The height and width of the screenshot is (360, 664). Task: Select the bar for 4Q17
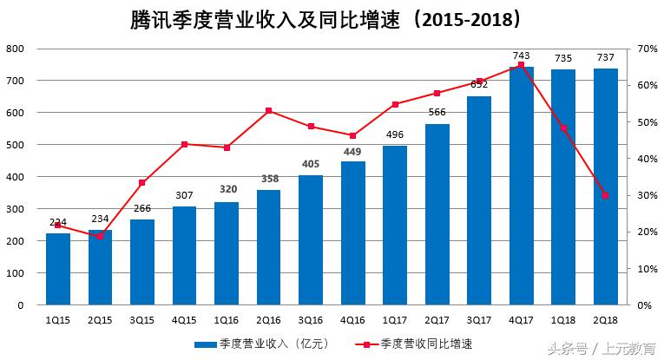click(x=521, y=186)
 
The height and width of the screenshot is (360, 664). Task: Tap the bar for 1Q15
click(x=58, y=269)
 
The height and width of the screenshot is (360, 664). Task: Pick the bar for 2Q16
click(x=268, y=247)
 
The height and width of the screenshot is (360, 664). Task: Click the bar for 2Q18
click(x=605, y=187)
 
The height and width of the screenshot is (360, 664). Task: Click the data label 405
click(x=310, y=164)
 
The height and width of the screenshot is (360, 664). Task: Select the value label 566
click(x=437, y=112)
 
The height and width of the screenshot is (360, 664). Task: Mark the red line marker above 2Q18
click(x=605, y=195)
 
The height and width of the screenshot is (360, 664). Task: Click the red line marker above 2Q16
click(x=268, y=110)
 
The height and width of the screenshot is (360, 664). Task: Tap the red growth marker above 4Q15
click(x=184, y=144)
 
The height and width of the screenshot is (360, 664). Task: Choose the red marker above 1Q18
click(x=563, y=128)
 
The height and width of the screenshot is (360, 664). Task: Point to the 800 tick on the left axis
click(x=15, y=49)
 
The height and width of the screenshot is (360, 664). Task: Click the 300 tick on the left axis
click(x=15, y=209)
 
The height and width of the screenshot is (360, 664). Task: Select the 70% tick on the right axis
click(x=644, y=49)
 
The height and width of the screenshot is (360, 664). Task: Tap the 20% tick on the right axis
click(x=644, y=232)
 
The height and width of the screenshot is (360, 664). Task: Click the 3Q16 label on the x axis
click(x=310, y=320)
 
